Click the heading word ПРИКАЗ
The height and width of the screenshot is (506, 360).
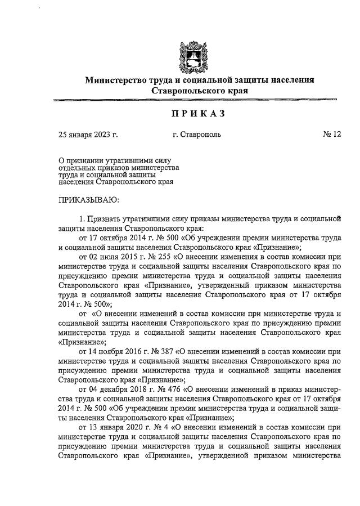click(x=199, y=114)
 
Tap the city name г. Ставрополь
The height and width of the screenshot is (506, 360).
click(x=197, y=135)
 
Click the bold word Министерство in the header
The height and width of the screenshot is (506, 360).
click(x=118, y=80)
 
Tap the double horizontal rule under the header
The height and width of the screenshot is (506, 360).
click(x=199, y=100)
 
